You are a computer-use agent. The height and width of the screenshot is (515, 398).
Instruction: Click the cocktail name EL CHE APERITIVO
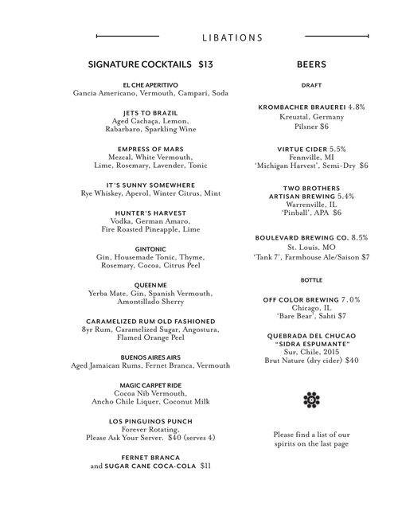point(150,84)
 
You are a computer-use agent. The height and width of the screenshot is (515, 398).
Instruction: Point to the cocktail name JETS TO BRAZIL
point(150,112)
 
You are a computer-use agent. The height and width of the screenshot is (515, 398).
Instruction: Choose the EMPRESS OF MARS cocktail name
point(150,149)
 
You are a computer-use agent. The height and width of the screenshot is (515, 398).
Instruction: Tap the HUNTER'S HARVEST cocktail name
point(150,213)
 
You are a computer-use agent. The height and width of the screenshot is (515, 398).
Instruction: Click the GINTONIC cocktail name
point(150,249)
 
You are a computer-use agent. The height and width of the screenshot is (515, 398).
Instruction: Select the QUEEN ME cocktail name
point(150,285)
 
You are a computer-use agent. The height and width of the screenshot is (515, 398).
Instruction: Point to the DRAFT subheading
point(311,84)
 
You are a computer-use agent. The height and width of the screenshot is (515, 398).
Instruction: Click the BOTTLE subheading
point(311,280)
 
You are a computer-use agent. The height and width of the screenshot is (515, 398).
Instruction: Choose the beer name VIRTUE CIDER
point(302,149)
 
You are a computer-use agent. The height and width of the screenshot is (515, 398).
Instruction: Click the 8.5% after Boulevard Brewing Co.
point(361,237)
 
